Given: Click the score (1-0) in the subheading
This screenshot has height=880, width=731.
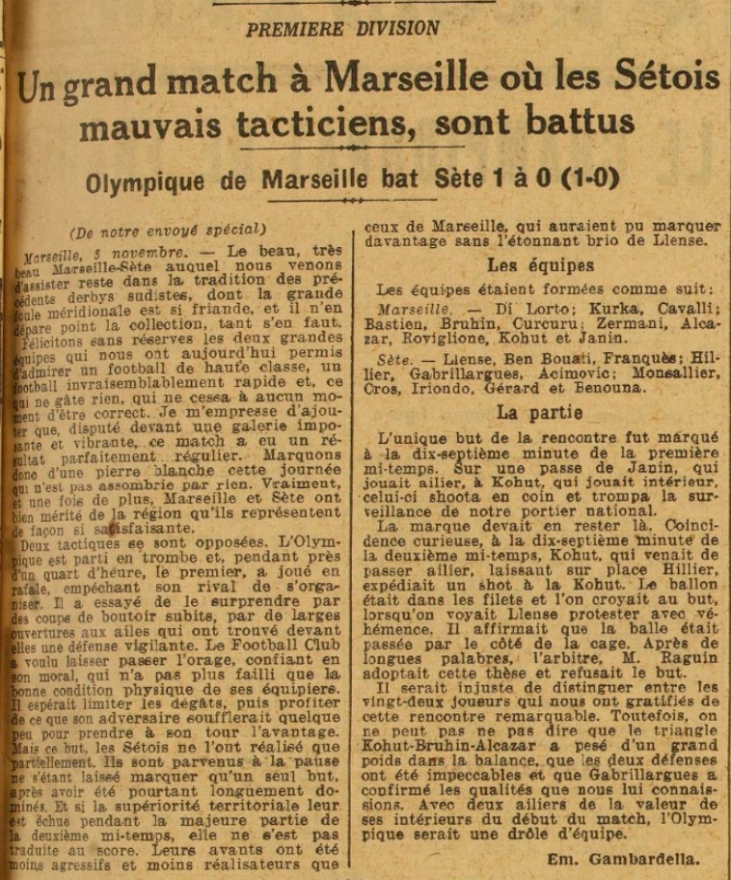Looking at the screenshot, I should pyautogui.click(x=582, y=179).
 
